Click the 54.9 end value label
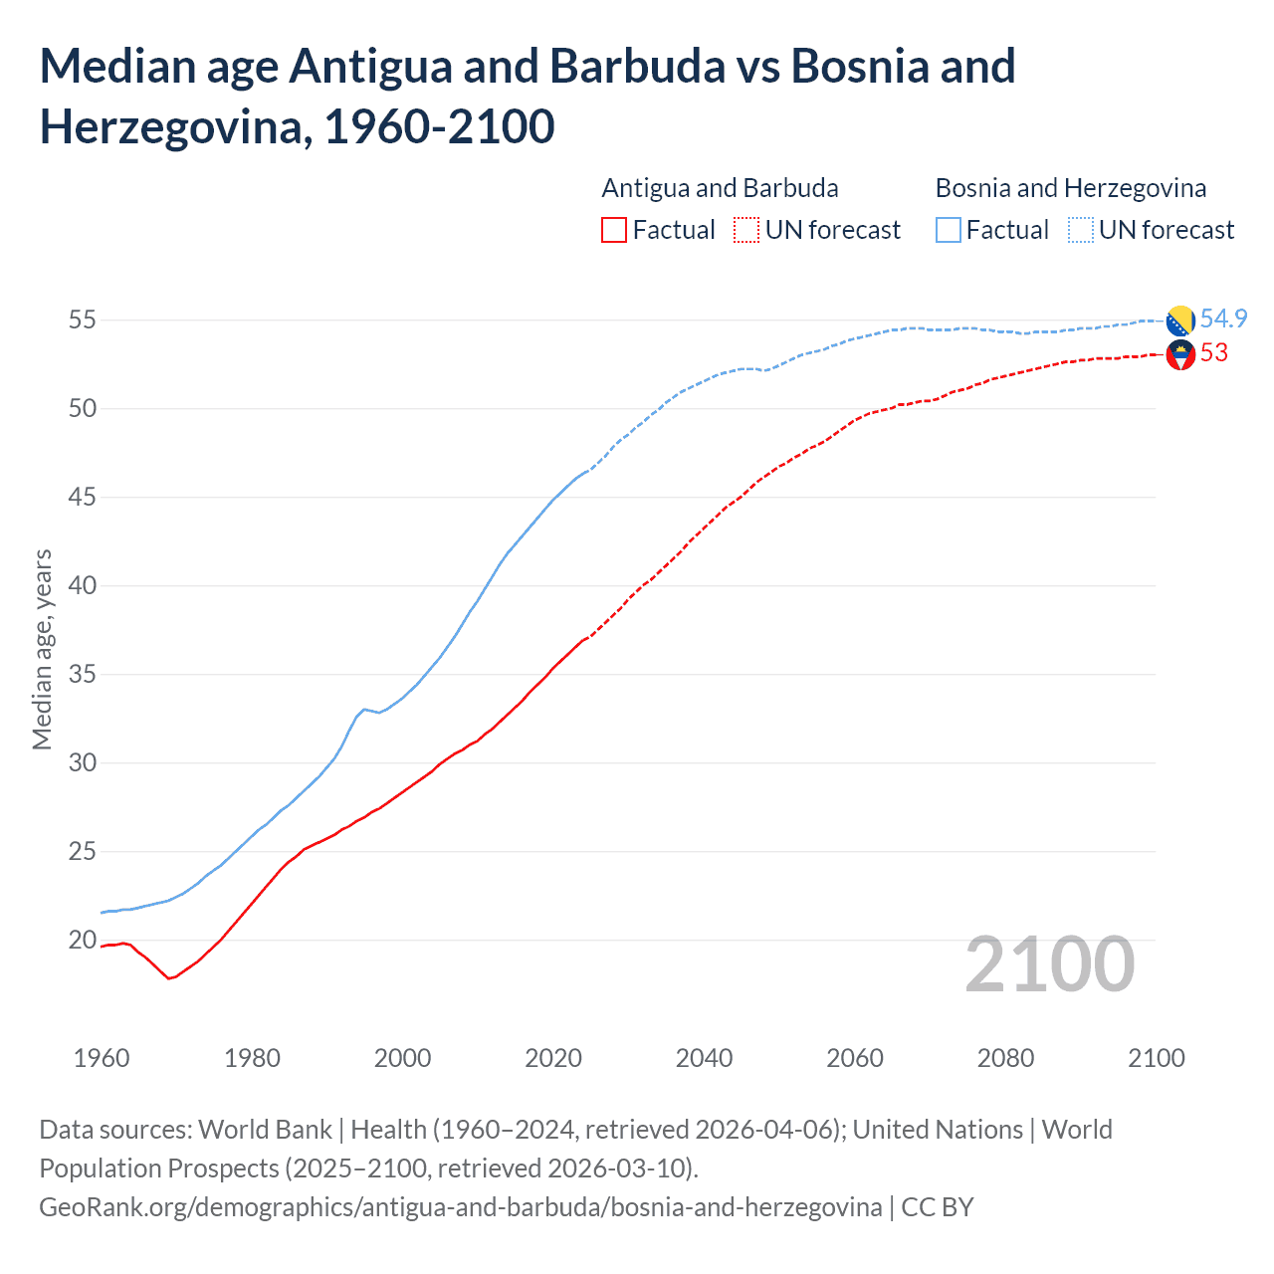coord(1223,318)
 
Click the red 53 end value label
coord(1213,353)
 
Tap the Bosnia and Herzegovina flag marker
coord(1180,320)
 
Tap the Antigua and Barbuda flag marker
coord(1180,354)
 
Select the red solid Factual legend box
coord(614,230)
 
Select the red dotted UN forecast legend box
coord(746,230)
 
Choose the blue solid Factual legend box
coord(949,230)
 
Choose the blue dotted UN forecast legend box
coord(1080,230)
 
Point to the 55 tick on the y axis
coord(82,320)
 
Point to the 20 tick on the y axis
coord(82,941)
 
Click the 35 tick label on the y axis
coord(82,675)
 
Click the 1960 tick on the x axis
coord(102,1058)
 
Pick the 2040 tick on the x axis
coord(704,1058)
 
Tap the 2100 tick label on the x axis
coord(1156,1058)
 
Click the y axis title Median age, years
coord(42,649)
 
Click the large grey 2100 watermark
coord(1049,964)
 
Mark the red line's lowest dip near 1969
coord(169,978)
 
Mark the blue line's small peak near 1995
coord(364,709)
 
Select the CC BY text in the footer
coord(937,1207)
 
